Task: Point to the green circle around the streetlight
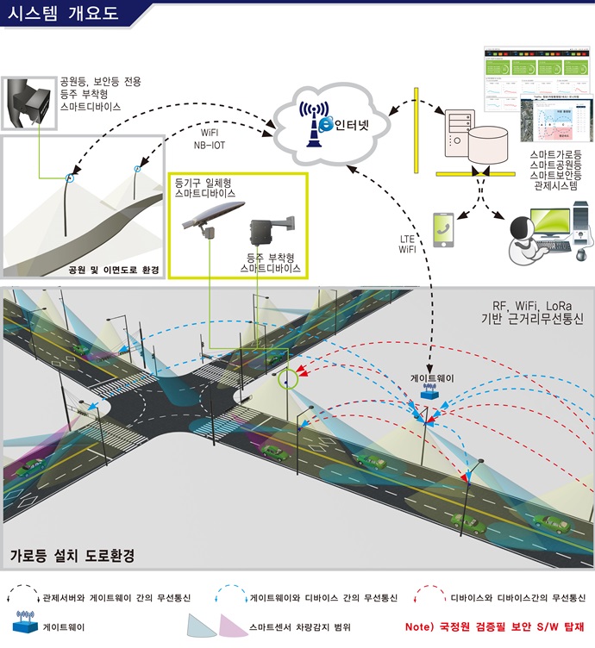click(285, 377)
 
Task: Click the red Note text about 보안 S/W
click(494, 626)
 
